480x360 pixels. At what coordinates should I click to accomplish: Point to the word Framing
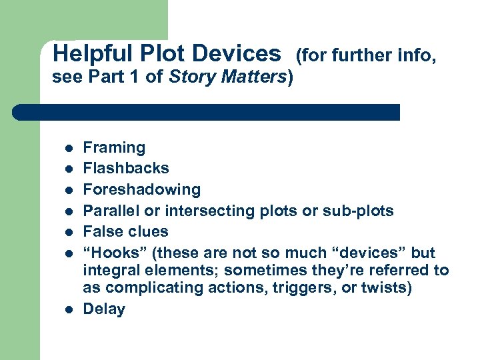114,148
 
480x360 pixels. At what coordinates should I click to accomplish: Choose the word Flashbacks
126,168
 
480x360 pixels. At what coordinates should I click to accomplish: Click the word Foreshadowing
141,189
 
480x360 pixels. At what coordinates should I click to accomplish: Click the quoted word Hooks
111,253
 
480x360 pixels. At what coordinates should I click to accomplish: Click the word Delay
104,309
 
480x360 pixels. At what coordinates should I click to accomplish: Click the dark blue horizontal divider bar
206,112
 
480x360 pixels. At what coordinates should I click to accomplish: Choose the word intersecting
200,211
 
